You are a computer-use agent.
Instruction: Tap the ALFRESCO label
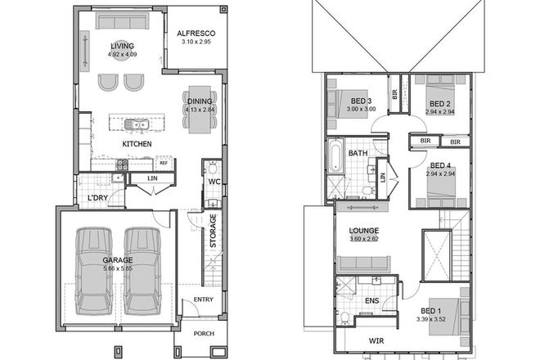click(195, 34)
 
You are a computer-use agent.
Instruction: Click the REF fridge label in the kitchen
click(164, 163)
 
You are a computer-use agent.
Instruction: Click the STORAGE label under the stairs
click(213, 231)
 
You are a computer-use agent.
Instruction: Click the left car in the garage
click(95, 269)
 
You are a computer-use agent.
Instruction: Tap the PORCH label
click(202, 335)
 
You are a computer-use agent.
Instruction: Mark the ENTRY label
click(202, 300)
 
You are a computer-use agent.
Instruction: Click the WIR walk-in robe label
click(376, 338)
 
